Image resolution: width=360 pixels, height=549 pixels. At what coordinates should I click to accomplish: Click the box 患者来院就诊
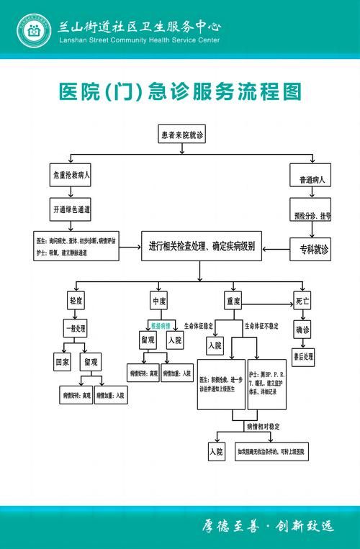[x=184, y=134]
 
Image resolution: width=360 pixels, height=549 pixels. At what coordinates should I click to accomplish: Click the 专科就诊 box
[x=310, y=250]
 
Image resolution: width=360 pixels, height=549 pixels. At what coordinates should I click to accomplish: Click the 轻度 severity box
[x=76, y=299]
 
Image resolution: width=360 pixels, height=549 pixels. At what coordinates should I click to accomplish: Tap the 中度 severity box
[x=159, y=299]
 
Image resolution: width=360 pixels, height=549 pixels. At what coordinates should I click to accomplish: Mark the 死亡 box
[x=302, y=299]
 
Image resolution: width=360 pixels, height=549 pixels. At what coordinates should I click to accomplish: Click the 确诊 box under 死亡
[x=302, y=330]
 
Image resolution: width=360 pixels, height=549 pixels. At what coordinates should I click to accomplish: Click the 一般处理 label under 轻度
[x=75, y=327]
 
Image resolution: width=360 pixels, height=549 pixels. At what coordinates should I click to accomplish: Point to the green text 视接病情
[x=160, y=324]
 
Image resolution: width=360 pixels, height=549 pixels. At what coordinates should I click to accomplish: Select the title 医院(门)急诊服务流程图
[x=179, y=92]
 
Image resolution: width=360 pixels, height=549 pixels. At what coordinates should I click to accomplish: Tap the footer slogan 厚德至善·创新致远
[x=266, y=526]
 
